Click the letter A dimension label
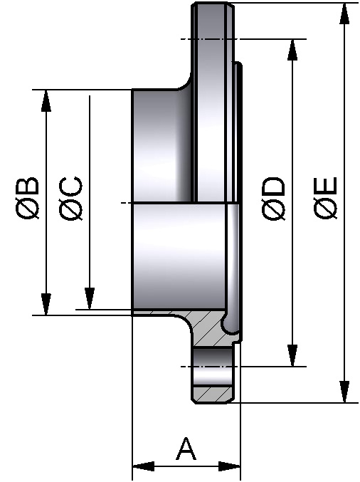pos(186,450)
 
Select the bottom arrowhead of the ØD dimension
pos(292,356)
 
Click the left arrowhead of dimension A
pos(143,467)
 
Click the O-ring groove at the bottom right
pos(231,325)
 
